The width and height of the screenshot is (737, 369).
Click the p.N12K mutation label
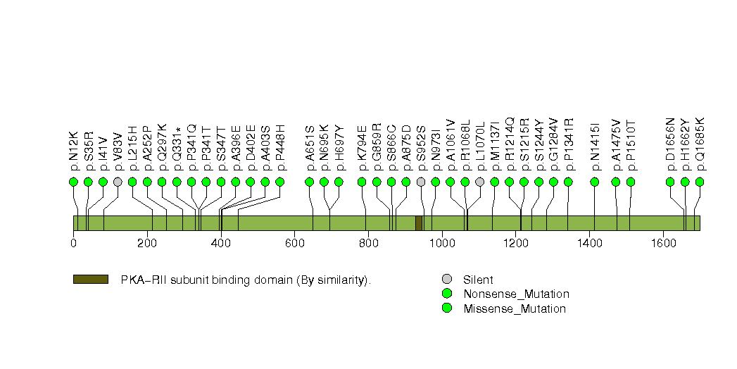click(x=73, y=151)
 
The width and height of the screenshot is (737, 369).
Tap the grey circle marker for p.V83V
click(x=118, y=182)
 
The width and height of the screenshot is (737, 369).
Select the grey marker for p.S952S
click(x=421, y=182)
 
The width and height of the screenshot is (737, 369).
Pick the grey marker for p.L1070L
click(x=480, y=182)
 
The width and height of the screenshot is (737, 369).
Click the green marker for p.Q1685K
click(x=700, y=182)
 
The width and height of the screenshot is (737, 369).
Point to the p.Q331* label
click(x=177, y=150)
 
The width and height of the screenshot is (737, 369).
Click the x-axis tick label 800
click(x=368, y=243)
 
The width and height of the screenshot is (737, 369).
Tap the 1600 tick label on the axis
click(x=663, y=243)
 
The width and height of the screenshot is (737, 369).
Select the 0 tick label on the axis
click(x=73, y=243)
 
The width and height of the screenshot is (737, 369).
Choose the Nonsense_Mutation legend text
click(x=516, y=294)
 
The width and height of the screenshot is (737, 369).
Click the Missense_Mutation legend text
click(x=514, y=308)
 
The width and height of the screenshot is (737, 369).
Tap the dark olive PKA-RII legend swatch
click(x=90, y=280)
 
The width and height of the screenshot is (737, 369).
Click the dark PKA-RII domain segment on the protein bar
click(x=419, y=223)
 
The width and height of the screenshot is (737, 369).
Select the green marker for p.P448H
click(x=279, y=182)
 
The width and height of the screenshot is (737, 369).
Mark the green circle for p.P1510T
click(x=631, y=182)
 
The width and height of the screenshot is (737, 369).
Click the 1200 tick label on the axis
click(x=515, y=243)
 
